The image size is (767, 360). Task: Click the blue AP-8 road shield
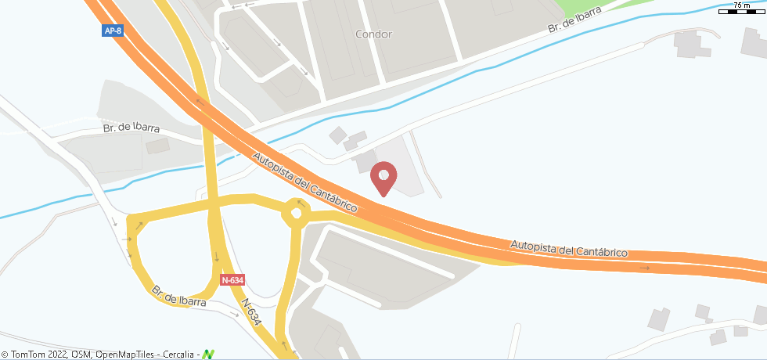[112, 31]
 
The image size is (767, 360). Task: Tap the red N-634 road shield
[232, 279]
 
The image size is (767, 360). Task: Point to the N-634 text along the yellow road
[250, 311]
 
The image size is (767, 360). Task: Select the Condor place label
[373, 34]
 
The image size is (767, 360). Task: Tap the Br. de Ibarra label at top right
[576, 19]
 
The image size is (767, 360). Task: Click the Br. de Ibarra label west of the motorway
[131, 128]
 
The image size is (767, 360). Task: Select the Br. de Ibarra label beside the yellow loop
[179, 296]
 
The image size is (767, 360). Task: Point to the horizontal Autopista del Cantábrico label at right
[570, 248]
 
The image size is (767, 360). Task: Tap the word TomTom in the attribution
[26, 355]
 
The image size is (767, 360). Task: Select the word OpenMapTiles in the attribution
[124, 355]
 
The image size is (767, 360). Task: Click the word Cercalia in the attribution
[179, 355]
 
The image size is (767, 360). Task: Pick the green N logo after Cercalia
[208, 355]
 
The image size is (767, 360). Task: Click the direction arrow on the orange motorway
[644, 268]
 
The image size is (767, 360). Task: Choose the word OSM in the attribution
[81, 355]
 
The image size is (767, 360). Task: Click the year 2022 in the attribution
[56, 355]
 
